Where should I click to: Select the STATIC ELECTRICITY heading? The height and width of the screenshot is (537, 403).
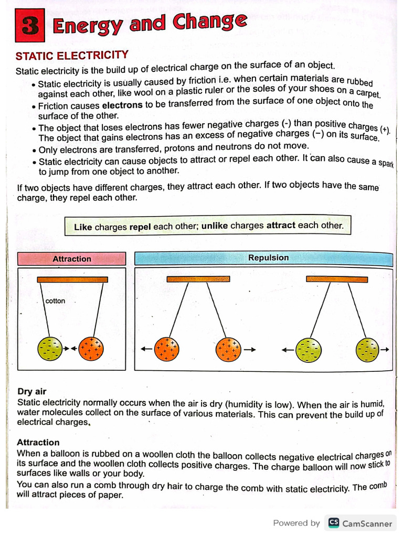(x=72, y=55)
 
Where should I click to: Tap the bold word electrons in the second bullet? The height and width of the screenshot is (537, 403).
(x=122, y=105)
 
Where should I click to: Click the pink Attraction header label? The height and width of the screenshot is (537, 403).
(x=72, y=259)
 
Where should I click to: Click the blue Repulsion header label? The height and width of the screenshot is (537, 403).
(x=268, y=257)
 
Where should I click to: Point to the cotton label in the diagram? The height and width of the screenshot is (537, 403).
(x=55, y=301)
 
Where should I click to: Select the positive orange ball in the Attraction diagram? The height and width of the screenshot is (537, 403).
(x=91, y=348)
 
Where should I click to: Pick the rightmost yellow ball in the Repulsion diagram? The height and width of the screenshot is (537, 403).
(x=367, y=350)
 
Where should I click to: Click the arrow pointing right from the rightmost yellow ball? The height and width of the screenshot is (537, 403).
(x=385, y=349)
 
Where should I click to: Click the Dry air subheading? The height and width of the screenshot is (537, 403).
(x=32, y=391)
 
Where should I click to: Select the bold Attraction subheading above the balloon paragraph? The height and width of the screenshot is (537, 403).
(x=38, y=442)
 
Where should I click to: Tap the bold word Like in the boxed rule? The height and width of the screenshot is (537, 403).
(x=83, y=227)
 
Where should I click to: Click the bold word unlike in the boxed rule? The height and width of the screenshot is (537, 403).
(x=215, y=226)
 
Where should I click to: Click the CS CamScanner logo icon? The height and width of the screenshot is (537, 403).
(x=334, y=522)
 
